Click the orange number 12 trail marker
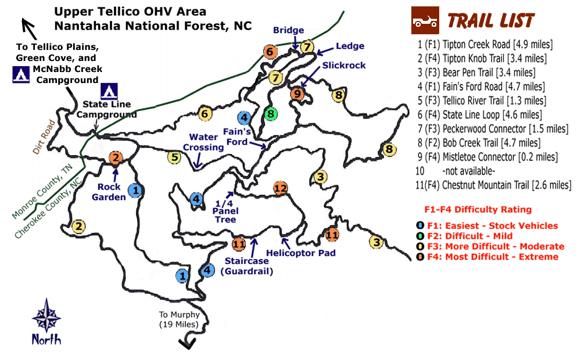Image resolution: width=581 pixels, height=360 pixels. pos(281,188)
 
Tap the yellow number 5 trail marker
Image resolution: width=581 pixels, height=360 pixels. pos(174,156)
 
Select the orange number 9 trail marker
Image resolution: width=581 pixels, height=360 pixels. pos(297,93)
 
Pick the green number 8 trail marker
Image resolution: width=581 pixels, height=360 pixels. pos(270,114)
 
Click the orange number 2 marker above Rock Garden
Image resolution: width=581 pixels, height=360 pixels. pos(116,157)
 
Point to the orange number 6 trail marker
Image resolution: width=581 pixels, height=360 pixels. pos(269,52)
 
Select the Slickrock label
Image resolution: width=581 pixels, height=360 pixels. pos(344,65)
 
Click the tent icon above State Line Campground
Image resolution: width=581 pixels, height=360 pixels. pos(108,91)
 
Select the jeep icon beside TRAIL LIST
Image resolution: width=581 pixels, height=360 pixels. pos(425,21)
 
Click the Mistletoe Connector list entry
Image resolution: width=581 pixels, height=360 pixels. pos(486,157)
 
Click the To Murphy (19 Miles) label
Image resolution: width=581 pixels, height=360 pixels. pos(180,320)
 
